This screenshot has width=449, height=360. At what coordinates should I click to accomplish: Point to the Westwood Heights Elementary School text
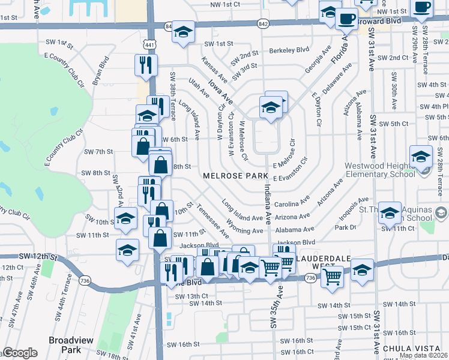click(379, 170)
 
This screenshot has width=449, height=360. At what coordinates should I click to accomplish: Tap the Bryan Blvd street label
click(100, 69)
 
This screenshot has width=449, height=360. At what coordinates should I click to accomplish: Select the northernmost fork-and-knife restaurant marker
click(145, 64)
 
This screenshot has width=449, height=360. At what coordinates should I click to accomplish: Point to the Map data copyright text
click(423, 355)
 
